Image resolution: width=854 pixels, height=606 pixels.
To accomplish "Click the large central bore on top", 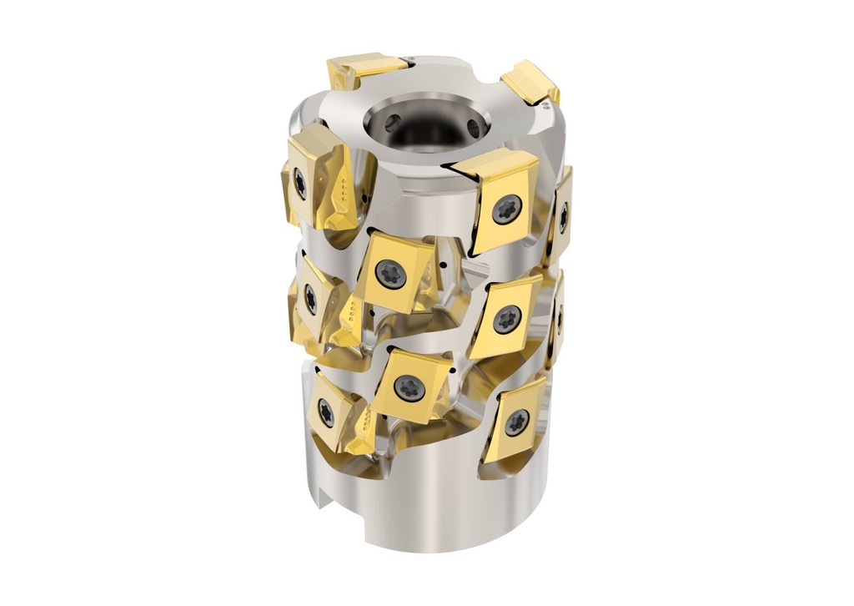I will click(425, 125).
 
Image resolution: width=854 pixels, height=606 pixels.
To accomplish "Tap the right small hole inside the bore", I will click(473, 128).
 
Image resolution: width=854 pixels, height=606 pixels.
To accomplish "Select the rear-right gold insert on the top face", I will click(531, 82).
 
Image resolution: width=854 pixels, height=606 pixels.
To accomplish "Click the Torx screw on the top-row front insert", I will click(506, 208).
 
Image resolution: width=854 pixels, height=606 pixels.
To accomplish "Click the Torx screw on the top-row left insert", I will click(300, 183).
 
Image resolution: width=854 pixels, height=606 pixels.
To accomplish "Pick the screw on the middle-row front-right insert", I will click(506, 319).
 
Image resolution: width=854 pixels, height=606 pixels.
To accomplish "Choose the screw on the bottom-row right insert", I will click(517, 422).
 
